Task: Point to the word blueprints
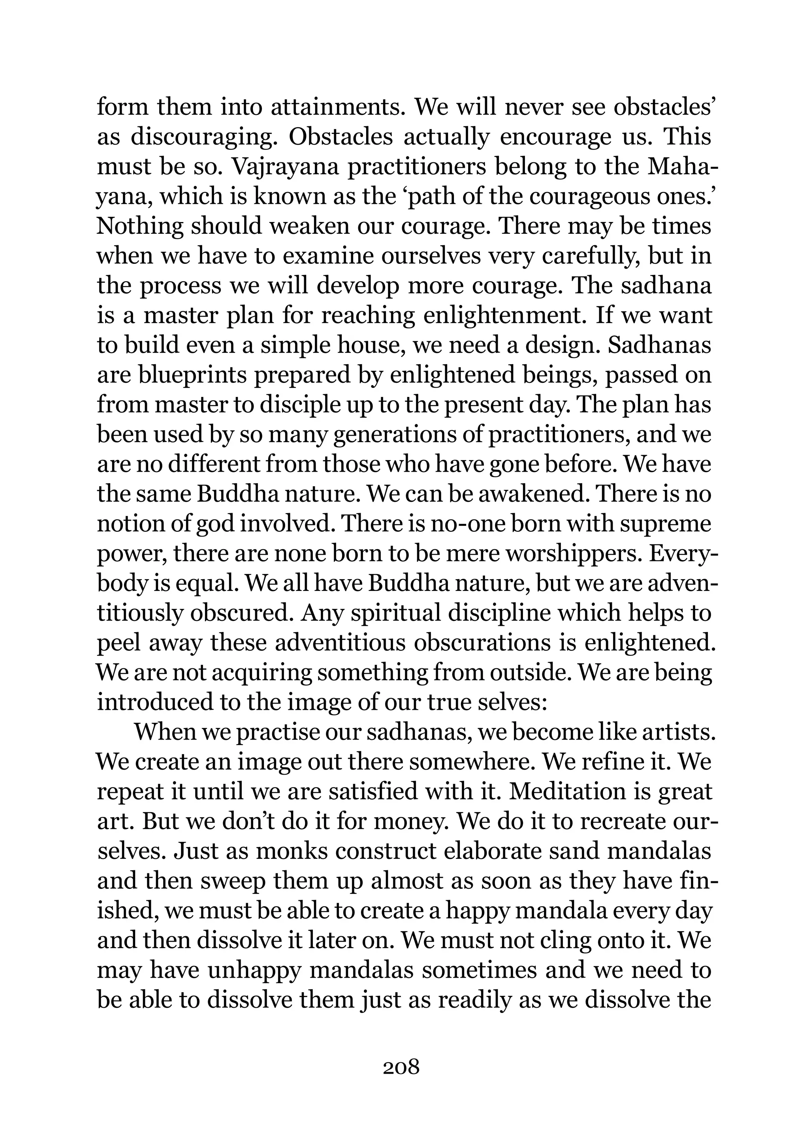pos(193,375)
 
